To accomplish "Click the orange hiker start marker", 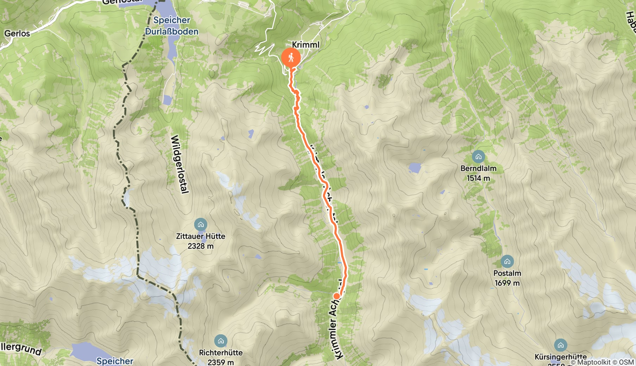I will point(291,57).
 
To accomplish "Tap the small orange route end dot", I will point(337,296).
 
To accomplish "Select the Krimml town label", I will point(306,45).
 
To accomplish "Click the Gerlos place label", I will point(17,33).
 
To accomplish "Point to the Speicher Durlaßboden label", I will point(172,26).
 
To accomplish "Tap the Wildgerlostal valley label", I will point(180,164).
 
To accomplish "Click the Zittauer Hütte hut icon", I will point(201,225).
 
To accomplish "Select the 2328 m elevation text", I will point(201,246).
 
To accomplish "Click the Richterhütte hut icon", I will point(221,341).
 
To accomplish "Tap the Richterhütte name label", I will point(221,352).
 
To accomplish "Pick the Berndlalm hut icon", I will point(478,157).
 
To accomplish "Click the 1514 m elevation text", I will point(478,178).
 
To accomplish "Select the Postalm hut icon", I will point(507,261).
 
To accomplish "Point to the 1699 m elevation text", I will point(507,283).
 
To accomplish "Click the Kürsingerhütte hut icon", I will point(560,345).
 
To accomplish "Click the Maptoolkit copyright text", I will point(591,362).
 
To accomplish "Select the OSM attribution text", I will point(627,362).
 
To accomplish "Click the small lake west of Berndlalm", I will point(415,168).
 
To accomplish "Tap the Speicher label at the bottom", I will point(115,361).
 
